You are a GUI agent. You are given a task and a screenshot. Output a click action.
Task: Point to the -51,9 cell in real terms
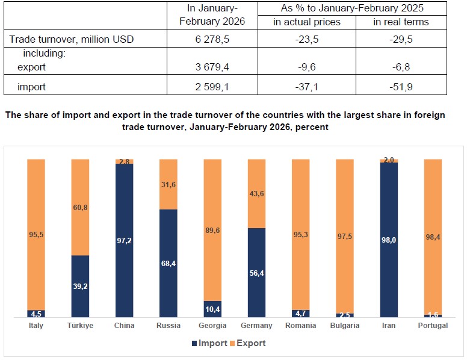pos(401,87)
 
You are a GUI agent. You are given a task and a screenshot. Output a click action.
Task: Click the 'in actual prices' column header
pos(306,22)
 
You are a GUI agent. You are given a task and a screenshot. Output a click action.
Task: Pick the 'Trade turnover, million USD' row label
pos(72,40)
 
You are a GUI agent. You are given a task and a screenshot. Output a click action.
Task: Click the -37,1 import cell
pos(306,87)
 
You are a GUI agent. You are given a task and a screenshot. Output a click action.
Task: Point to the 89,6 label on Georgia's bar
pos(212,229)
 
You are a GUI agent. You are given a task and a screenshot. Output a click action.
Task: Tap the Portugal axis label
pos(433,326)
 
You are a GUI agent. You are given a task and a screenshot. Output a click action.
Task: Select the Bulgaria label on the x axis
pos(345,326)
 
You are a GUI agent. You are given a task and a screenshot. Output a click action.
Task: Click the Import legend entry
pos(209,343)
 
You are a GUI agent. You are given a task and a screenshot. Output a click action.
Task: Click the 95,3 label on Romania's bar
pos(300,235)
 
